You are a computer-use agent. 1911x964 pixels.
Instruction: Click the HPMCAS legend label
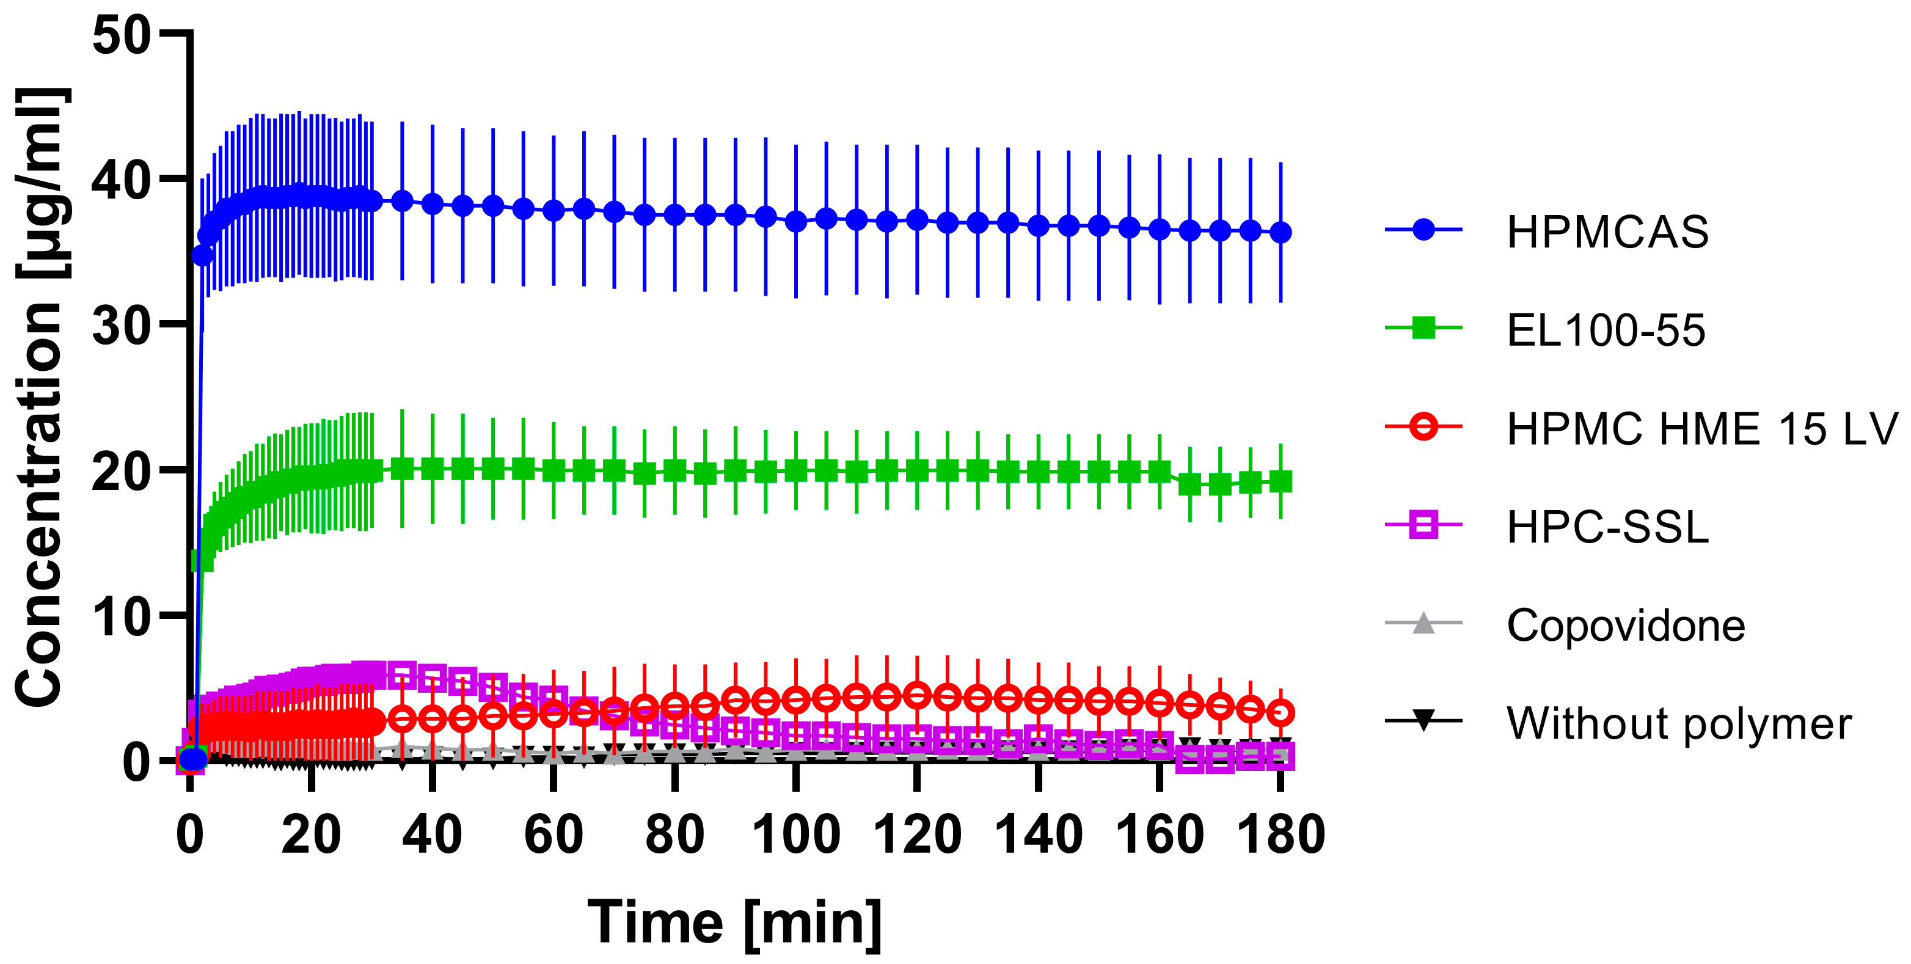[x=1607, y=232]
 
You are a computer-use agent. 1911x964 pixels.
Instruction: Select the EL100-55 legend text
[x=1606, y=330]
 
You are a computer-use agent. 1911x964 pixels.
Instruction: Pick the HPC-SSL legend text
[x=1607, y=527]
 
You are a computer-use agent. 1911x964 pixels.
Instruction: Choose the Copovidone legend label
[x=1625, y=625]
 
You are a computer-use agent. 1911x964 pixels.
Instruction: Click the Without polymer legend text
[x=1679, y=724]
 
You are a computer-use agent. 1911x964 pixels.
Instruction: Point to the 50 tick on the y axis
[x=121, y=35]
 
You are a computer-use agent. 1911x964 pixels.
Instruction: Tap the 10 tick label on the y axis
[x=121, y=617]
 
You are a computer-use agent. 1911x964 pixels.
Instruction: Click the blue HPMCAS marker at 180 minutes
[x=1281, y=233]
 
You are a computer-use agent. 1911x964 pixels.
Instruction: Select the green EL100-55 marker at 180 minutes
[x=1281, y=482]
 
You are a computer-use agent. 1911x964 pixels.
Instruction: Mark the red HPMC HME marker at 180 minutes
[x=1281, y=713]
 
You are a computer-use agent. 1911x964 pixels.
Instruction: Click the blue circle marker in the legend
[x=1423, y=230]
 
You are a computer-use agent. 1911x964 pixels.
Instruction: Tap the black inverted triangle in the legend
[x=1423, y=720]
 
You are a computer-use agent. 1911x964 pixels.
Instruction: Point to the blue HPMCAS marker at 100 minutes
[x=796, y=221]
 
